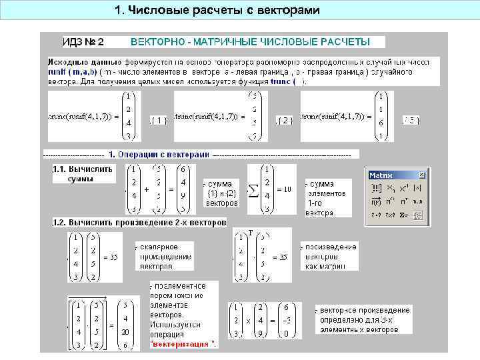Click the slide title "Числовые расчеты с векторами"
click(217, 11)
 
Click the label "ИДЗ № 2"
click(83, 41)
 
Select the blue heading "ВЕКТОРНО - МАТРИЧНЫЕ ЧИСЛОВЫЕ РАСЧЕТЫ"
click(250, 41)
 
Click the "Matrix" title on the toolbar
click(381, 175)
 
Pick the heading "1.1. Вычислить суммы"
click(83, 173)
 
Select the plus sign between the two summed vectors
click(146, 189)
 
